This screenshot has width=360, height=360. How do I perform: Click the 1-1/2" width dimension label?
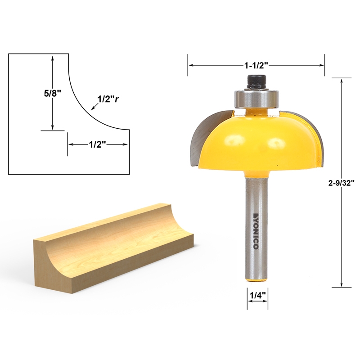(256, 65)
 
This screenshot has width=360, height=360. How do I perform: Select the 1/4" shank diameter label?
(257, 296)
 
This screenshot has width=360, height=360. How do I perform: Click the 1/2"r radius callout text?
(108, 99)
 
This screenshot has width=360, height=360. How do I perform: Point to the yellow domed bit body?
(256, 142)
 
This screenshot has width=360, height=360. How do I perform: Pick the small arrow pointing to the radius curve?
(94, 107)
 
